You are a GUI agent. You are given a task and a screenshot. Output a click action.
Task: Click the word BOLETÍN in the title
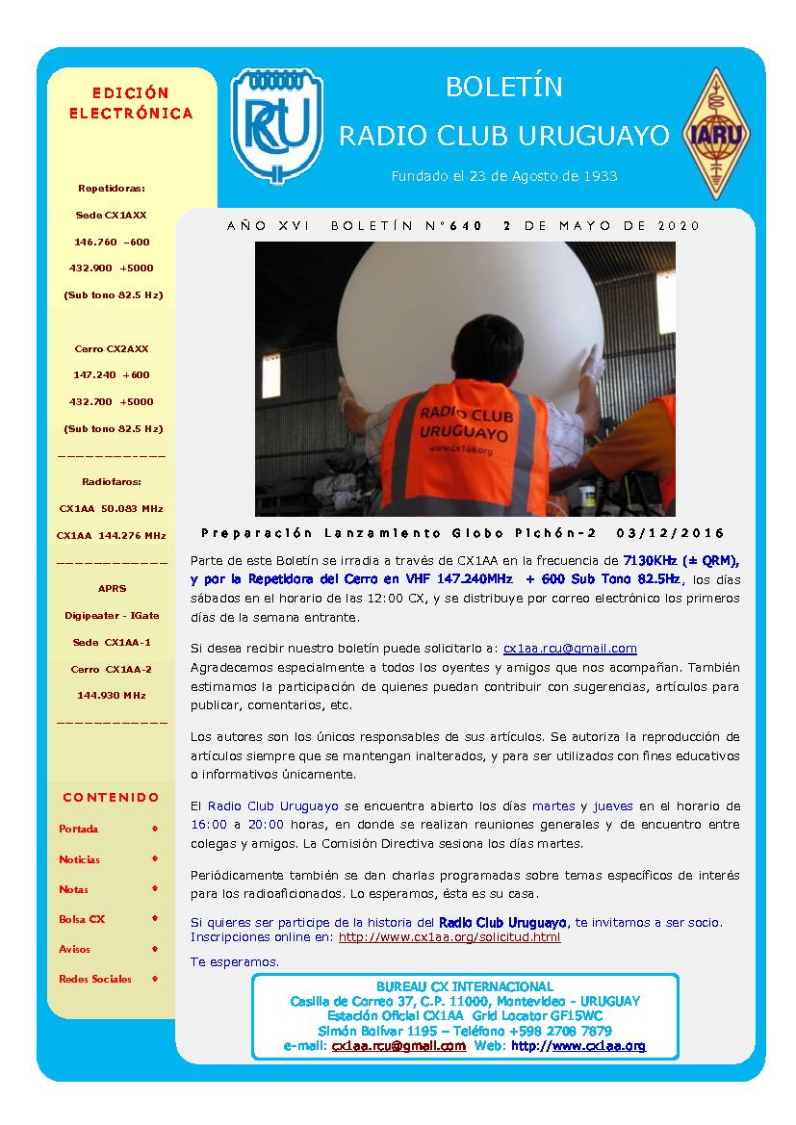(x=503, y=88)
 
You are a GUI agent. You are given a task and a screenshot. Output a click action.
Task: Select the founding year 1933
(x=599, y=176)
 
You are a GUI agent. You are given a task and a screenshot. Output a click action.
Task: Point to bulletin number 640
(x=465, y=226)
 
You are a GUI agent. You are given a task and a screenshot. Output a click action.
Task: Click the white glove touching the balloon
(x=594, y=367)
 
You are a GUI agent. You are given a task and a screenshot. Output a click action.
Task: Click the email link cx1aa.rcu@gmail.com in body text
(x=570, y=649)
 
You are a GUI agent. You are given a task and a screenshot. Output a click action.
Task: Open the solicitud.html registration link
(x=449, y=936)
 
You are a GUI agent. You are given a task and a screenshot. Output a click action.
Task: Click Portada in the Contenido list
(x=78, y=829)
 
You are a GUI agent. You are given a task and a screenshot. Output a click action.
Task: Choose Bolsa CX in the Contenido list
(x=82, y=919)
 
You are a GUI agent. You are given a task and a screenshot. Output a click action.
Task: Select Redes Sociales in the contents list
(x=94, y=979)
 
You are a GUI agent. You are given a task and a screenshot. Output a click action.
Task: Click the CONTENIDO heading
(x=111, y=797)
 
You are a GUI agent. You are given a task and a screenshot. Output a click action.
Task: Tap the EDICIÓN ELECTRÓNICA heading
(x=131, y=103)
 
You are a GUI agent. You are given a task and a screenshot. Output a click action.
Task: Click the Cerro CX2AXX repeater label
(x=112, y=348)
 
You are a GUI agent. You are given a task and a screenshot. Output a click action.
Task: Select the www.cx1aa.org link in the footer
(x=578, y=1046)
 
